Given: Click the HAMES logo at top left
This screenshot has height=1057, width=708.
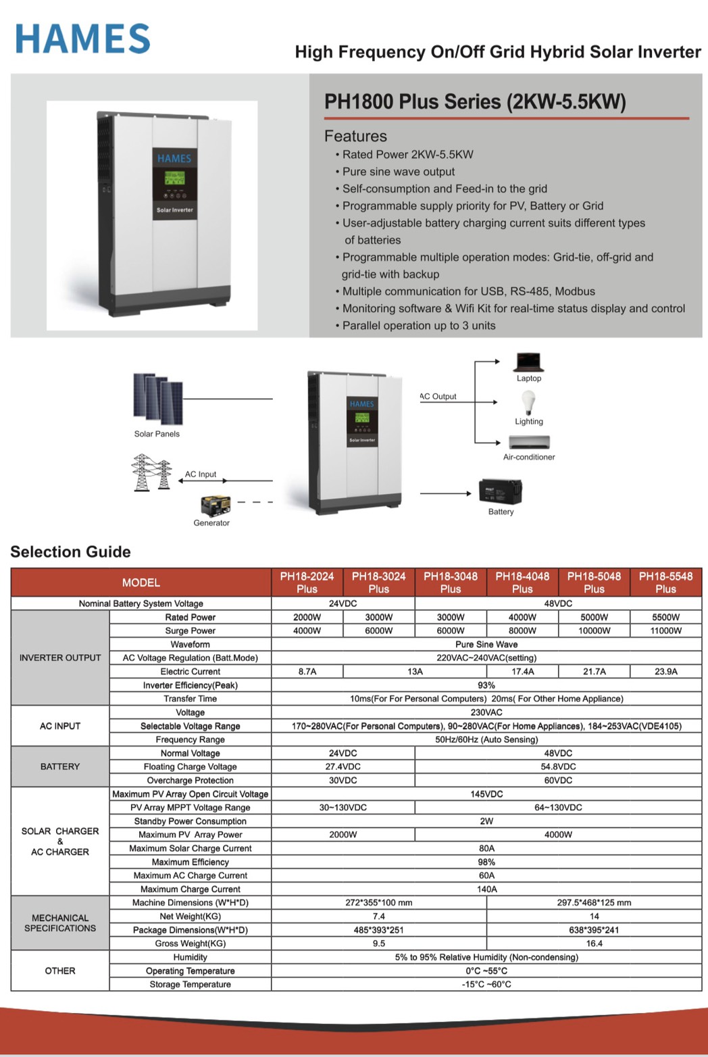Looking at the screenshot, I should [x=82, y=39].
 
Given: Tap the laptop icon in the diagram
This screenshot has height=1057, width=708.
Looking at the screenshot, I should [x=529, y=362].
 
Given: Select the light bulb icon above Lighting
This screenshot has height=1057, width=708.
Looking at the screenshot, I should [x=528, y=403].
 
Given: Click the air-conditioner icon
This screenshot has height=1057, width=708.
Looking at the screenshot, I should [x=529, y=442].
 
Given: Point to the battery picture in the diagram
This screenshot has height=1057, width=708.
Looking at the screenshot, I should [x=501, y=491].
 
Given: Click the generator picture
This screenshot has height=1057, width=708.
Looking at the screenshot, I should [x=216, y=505].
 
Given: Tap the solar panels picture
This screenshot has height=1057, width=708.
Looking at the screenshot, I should [x=158, y=399].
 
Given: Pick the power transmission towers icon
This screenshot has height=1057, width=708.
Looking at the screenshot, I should [x=151, y=472].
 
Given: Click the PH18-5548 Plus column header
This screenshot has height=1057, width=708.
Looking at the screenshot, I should [x=665, y=583].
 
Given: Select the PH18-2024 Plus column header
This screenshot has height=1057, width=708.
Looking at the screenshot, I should [x=307, y=583].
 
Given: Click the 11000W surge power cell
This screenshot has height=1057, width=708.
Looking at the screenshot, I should [x=665, y=631].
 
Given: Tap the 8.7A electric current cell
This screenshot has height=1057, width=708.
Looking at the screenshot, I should [x=307, y=672].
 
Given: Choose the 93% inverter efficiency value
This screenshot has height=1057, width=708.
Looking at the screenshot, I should [x=486, y=685].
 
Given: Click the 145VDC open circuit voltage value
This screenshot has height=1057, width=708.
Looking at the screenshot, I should [x=486, y=794].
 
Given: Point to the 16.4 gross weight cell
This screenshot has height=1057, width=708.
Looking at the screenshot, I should [x=594, y=943].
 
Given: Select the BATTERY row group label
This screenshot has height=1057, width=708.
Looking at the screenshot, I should [x=60, y=766].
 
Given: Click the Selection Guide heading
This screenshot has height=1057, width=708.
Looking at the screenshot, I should [x=70, y=551].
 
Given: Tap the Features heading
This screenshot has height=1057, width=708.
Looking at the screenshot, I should [x=355, y=136].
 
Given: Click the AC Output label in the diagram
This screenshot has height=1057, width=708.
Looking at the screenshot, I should [x=438, y=397].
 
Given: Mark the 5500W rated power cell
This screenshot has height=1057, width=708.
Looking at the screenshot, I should [x=665, y=617].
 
